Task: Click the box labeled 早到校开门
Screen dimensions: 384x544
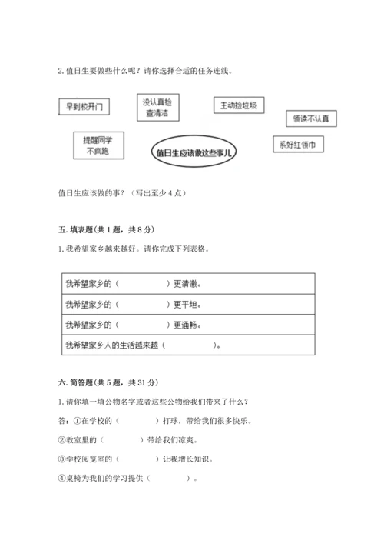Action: click(84, 105)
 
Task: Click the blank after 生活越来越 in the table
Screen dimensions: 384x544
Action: click(189, 345)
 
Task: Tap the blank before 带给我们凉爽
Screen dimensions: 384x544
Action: click(121, 439)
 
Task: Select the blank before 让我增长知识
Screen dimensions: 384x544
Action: click(131, 459)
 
